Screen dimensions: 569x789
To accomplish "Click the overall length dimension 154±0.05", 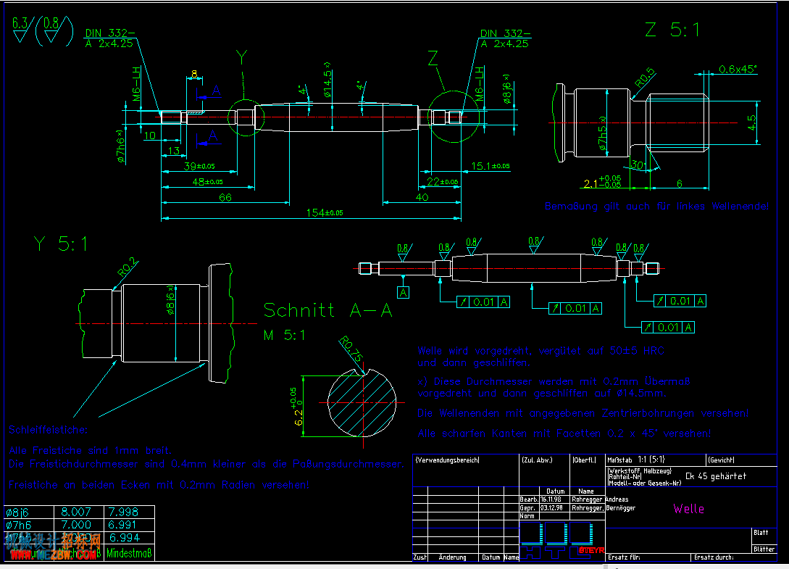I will (x=324, y=212).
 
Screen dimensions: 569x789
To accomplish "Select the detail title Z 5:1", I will (x=673, y=30).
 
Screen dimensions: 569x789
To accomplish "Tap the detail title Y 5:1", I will (x=61, y=244).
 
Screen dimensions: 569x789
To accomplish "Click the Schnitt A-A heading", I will (x=327, y=311).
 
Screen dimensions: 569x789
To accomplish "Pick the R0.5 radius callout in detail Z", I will (x=645, y=78).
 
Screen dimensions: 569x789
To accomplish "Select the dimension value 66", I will (x=225, y=197).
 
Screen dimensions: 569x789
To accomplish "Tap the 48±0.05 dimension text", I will (x=206, y=182).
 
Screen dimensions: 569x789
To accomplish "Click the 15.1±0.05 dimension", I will (x=490, y=166).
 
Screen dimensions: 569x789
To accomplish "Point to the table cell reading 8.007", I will (x=79, y=512).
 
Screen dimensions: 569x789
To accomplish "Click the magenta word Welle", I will (x=688, y=508).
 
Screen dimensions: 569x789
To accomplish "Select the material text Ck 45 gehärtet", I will (x=716, y=476).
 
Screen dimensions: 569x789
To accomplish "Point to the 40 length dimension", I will (x=422, y=197).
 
